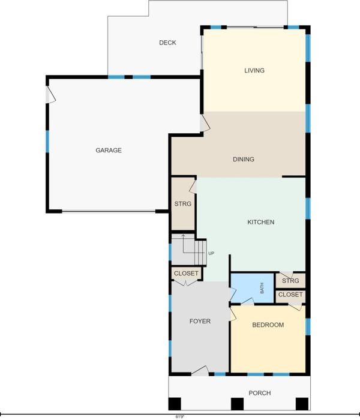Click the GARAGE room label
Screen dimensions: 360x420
point(109,150)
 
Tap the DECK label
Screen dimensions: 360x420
point(167,43)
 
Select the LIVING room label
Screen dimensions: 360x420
point(254,70)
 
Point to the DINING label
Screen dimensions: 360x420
point(244,160)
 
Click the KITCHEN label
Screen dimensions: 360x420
point(260,222)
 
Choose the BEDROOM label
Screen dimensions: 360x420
point(268,325)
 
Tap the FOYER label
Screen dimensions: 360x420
point(200,321)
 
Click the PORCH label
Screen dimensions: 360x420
point(260,393)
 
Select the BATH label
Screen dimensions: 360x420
point(262,288)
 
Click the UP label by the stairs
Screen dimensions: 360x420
point(211,253)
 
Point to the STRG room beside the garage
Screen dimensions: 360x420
point(183,204)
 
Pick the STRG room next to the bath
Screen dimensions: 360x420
point(290,280)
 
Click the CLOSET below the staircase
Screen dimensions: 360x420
point(186,274)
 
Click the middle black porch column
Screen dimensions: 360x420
point(237,404)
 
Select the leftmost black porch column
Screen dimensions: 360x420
point(175,404)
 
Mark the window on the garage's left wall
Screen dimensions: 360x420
point(47,142)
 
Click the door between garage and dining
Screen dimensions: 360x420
point(205,123)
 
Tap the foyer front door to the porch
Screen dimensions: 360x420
point(200,371)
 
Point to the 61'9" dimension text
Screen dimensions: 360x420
point(180,417)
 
